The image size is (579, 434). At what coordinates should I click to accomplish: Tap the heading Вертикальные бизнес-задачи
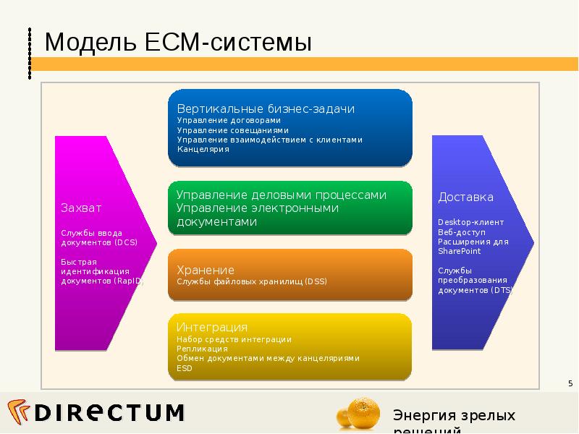(266, 109)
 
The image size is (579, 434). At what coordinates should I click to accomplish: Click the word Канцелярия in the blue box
(203, 149)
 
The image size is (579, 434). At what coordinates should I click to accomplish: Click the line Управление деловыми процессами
(282, 195)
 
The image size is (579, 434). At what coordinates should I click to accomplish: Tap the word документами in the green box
(217, 222)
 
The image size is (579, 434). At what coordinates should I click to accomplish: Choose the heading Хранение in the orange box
(206, 270)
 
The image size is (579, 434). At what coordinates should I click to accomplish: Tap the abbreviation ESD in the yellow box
(184, 367)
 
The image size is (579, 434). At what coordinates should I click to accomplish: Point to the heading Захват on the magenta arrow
(81, 208)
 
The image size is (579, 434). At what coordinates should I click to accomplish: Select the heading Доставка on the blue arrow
(465, 197)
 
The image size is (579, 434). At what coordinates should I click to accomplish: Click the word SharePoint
(460, 251)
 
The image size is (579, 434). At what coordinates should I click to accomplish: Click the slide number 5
(570, 383)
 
